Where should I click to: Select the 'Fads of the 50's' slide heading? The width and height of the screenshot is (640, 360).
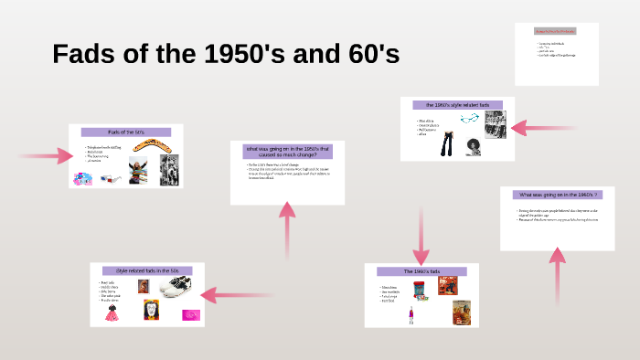[126, 132]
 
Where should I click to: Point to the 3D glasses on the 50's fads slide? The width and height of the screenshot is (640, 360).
[109, 178]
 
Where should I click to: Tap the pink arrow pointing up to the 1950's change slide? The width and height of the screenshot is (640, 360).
[287, 228]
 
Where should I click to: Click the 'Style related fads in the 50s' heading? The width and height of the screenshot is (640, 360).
[147, 271]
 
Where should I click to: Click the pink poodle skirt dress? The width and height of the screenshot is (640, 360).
[112, 313]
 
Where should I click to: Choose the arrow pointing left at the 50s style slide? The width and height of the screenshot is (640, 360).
[240, 295]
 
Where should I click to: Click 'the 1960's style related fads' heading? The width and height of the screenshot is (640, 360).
[457, 105]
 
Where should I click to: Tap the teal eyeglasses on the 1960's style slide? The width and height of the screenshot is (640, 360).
[469, 119]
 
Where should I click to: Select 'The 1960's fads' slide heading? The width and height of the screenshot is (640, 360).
[421, 271]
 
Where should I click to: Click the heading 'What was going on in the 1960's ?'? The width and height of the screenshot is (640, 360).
[557, 195]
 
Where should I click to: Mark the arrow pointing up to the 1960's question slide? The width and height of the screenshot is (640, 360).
[557, 279]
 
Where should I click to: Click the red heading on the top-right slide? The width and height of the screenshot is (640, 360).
[556, 31]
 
